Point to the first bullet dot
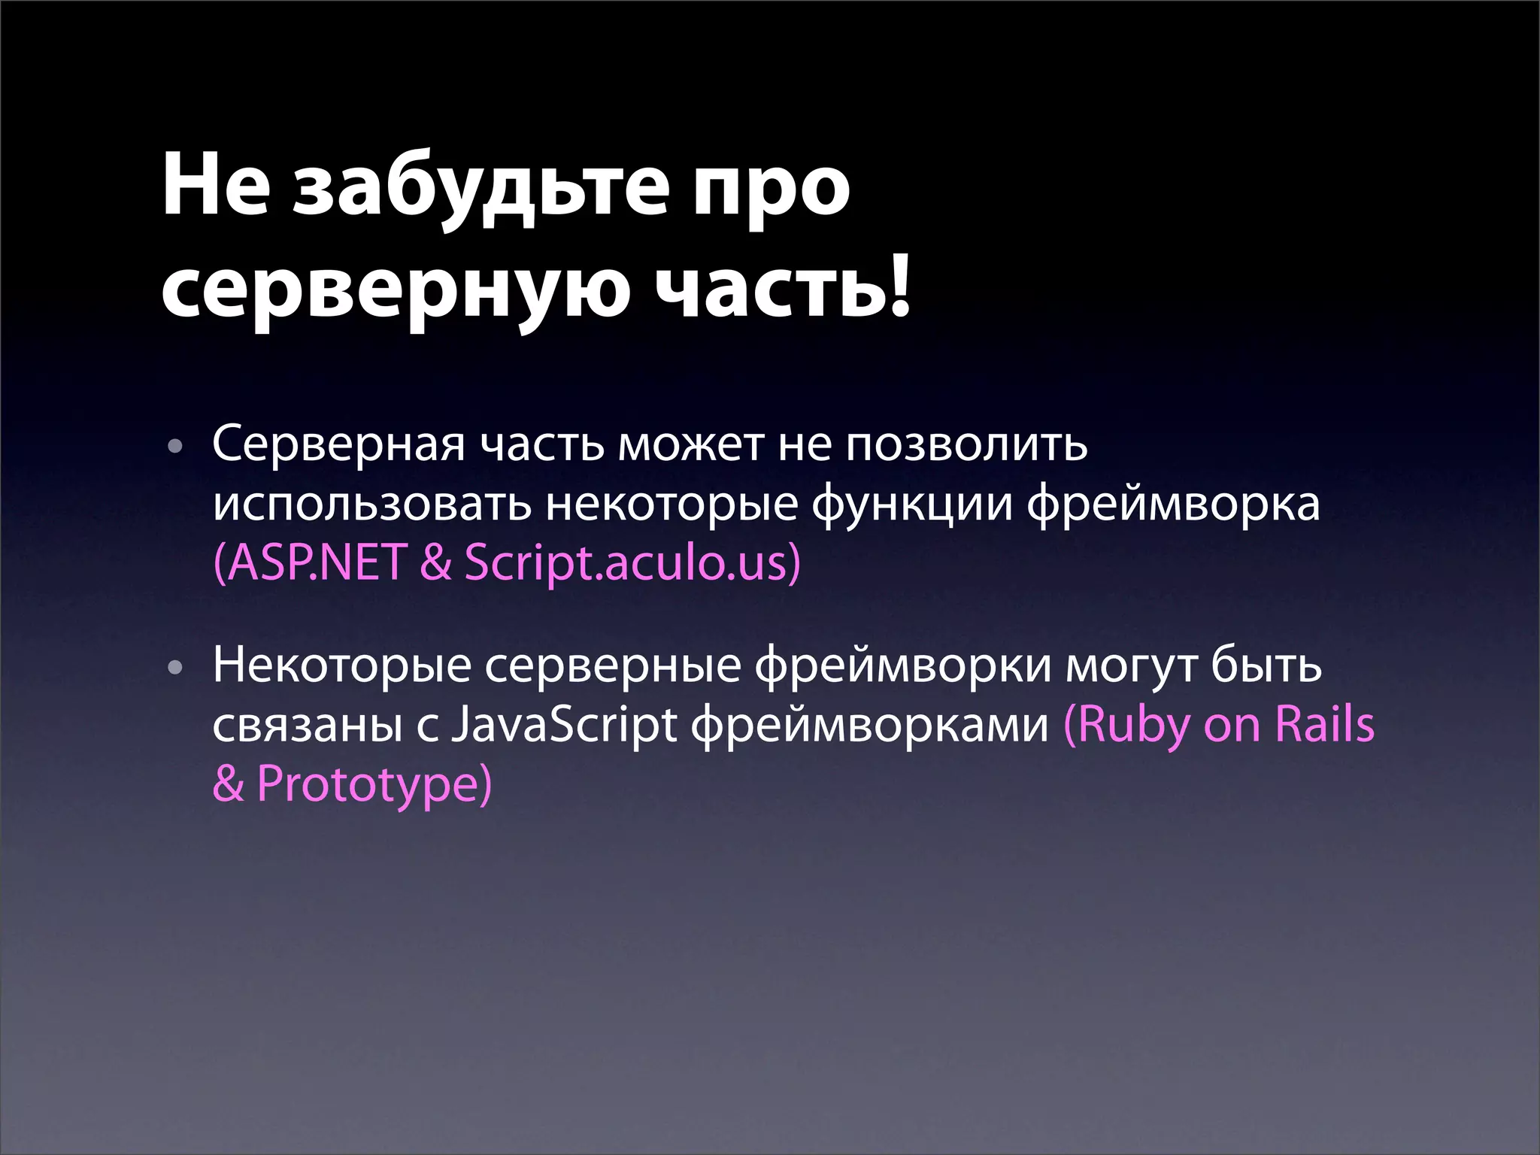point(175,447)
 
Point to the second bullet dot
point(175,668)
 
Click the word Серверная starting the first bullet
point(338,445)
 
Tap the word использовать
point(371,505)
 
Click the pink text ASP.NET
point(314,562)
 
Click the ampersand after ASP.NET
point(436,562)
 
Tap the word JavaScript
point(564,726)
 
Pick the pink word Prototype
point(368,784)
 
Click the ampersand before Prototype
point(228,784)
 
